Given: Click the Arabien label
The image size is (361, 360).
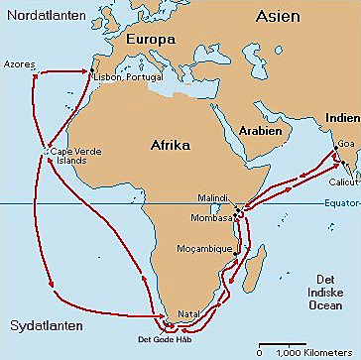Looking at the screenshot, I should [x=259, y=131].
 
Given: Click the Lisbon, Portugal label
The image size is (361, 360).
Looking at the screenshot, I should [x=127, y=76].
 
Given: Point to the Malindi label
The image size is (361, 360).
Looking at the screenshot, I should [x=212, y=198].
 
